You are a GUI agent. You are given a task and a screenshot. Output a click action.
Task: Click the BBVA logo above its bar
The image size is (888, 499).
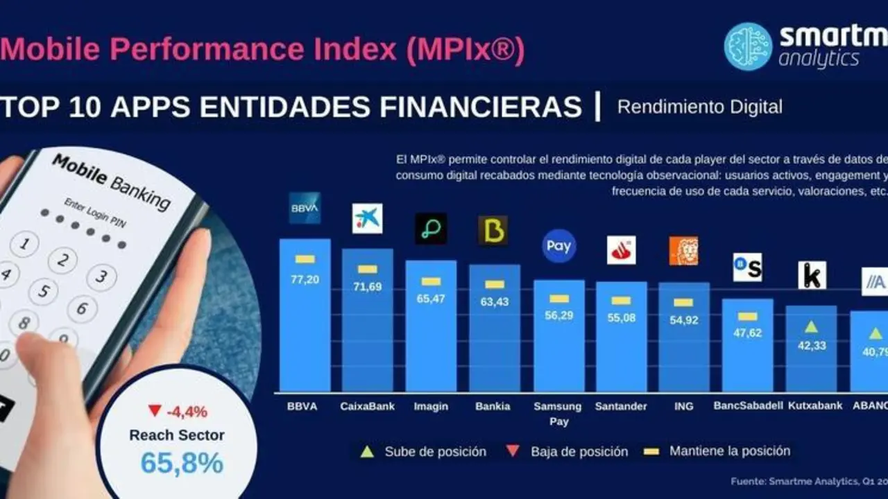pos(305,208)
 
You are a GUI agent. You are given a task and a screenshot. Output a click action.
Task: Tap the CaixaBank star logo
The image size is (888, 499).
pos(367,218)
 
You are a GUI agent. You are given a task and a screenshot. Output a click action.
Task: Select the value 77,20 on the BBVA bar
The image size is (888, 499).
pos(305,280)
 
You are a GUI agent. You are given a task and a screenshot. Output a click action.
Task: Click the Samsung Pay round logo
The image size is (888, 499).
pos(558,246)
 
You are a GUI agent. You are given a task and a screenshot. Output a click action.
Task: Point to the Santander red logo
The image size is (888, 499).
pos(621,250)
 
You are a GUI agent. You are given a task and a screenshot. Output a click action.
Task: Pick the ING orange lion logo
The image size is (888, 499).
pos(683,251)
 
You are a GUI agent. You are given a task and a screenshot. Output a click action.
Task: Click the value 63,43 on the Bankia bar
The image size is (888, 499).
pos(494,301)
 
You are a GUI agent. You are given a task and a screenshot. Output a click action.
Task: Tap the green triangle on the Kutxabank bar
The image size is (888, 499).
pos(811,326)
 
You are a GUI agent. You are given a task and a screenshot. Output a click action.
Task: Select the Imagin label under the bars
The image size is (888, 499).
pos(431,406)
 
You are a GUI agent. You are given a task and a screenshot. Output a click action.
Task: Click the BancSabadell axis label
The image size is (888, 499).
pos(748,406)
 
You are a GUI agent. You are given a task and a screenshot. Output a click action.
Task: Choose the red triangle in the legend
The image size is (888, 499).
pos(513,451)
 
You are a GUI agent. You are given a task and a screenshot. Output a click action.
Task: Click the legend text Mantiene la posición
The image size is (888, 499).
pos(729,451)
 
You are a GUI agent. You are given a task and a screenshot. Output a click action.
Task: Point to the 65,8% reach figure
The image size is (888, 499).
pos(182,463)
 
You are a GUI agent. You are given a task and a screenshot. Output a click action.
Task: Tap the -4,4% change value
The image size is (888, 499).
pos(187,412)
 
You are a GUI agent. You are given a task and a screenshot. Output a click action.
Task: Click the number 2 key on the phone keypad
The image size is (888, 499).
pos(62,261)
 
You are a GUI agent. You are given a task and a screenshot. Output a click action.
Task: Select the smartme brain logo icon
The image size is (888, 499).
pos(748,46)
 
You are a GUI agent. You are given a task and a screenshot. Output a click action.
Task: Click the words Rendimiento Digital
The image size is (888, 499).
pos(699,107)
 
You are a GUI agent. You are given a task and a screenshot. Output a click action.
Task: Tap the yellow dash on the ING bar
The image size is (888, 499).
pos(683,302)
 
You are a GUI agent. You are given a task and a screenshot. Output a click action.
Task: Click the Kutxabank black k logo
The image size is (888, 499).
pos(812,275)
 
